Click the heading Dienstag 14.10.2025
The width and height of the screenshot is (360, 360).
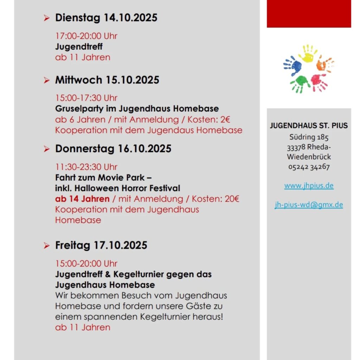[106, 18]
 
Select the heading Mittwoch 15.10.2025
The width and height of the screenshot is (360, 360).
[107, 80]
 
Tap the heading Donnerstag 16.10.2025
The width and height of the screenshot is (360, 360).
[113, 149]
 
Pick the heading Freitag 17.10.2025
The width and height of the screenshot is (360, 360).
[101, 245]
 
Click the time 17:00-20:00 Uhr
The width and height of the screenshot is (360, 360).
[86, 36]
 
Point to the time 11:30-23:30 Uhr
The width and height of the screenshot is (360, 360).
[86, 167]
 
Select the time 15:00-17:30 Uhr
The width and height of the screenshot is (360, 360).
[86, 98]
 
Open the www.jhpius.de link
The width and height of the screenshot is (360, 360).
[309, 186]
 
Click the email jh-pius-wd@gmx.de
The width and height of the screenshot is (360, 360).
[309, 205]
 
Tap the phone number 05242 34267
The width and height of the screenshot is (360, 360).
[309, 167]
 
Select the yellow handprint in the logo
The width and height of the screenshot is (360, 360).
[308, 53]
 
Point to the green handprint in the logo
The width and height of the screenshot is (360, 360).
[300, 84]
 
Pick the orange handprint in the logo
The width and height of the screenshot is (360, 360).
[324, 64]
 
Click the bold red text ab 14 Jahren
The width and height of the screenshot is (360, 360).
[82, 199]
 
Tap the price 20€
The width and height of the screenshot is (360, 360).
[232, 199]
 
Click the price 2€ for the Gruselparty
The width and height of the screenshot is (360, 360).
[225, 120]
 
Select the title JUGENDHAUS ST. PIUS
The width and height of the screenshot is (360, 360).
[309, 126]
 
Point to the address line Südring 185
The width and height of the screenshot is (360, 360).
[309, 137]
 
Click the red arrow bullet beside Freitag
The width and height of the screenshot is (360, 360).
[47, 246]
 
